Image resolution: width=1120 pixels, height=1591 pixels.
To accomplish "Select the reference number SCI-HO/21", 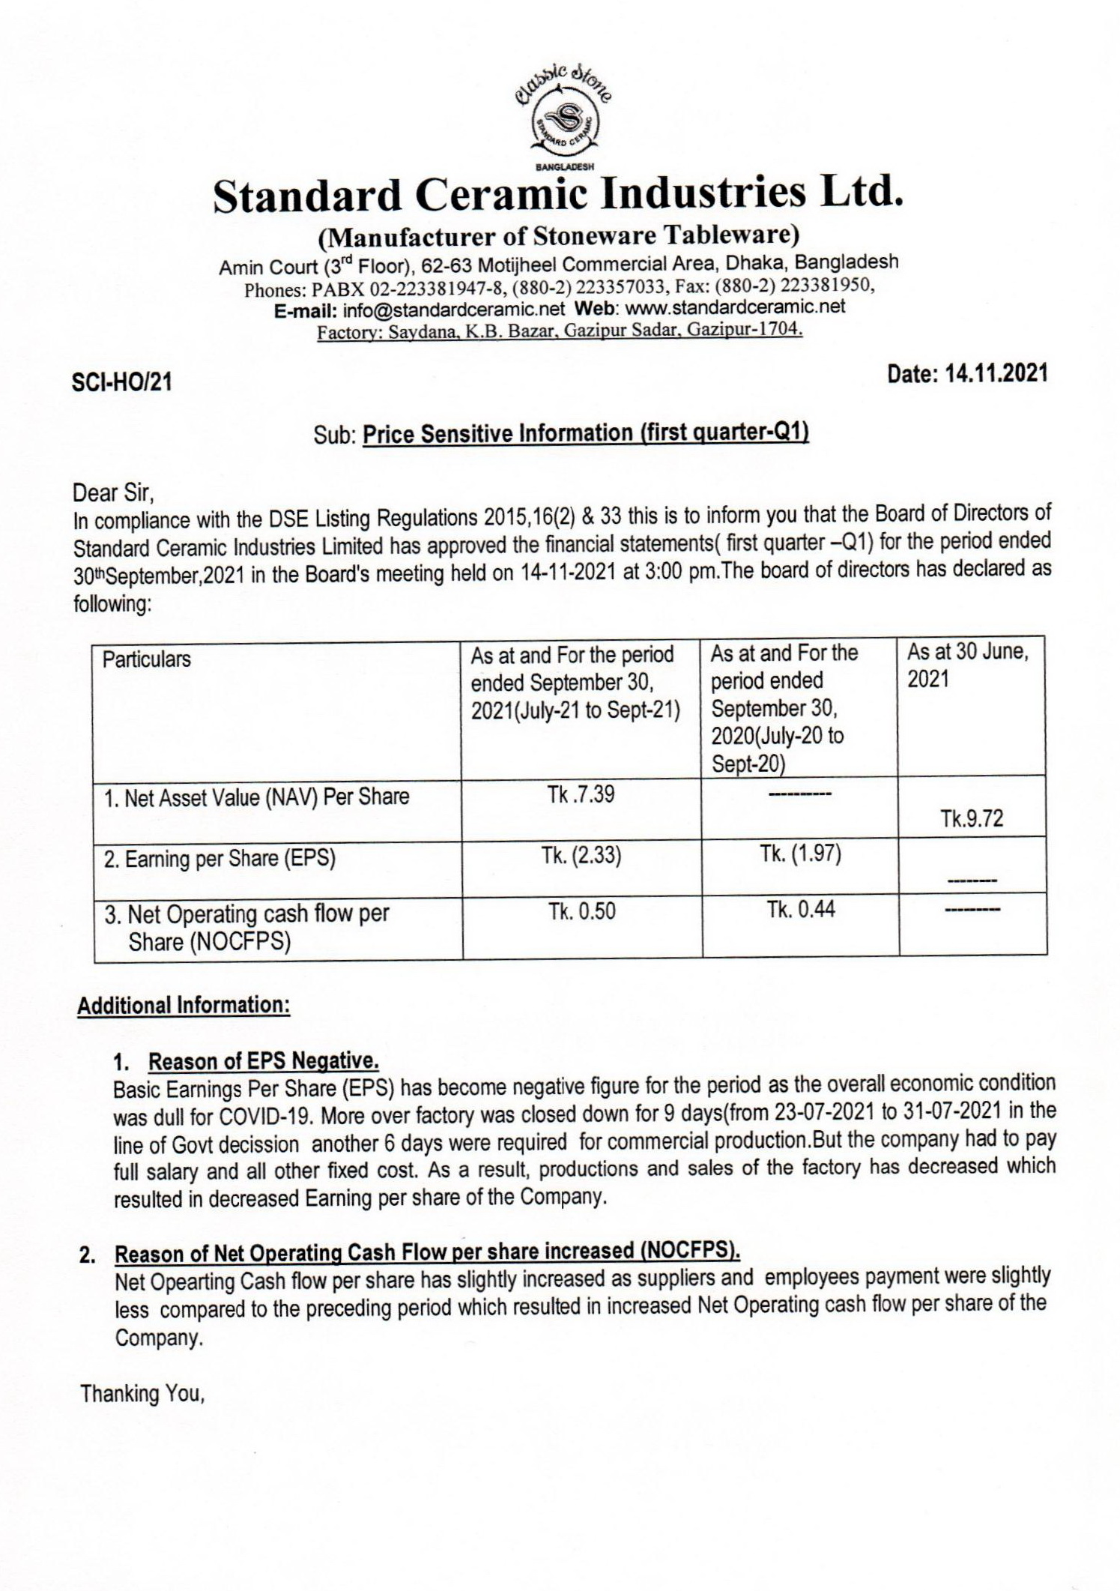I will point(121,383).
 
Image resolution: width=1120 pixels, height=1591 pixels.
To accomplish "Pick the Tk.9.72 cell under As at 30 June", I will point(972,818).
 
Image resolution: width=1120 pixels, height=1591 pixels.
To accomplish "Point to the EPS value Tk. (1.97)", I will point(800,853).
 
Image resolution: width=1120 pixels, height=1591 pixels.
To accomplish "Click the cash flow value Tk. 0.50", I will point(581,911).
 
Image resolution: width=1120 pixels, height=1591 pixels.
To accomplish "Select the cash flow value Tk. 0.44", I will point(800,910).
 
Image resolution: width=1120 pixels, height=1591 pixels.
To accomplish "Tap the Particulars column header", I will point(147,659).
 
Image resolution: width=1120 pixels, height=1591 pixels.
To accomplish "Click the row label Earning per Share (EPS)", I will point(220,859).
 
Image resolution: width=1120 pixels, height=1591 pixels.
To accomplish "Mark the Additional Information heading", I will point(184,1005).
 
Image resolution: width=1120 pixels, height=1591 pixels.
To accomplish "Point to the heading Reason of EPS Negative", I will point(264,1061).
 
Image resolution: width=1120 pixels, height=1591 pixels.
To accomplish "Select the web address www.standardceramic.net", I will point(734,307).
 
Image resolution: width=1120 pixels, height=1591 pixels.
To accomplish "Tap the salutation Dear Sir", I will point(113,493).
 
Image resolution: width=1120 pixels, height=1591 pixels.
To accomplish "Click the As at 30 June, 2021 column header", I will point(967,665).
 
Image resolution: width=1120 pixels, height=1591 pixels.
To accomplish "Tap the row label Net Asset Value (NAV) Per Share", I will point(256,797).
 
